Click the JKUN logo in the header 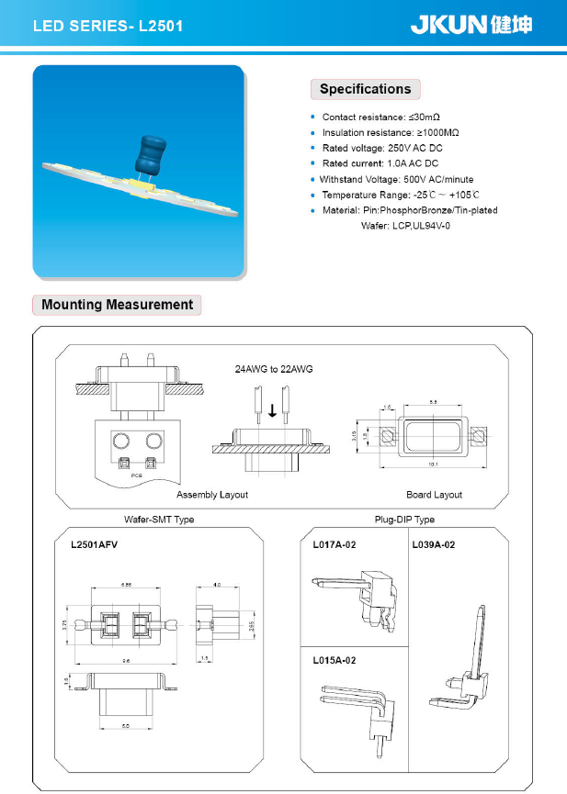(x=470, y=25)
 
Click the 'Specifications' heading (x=365, y=89)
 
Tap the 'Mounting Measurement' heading (x=117, y=305)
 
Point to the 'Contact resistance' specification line (x=380, y=117)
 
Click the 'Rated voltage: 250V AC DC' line (x=382, y=148)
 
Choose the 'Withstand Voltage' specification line (x=396, y=179)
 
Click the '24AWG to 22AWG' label (x=274, y=369)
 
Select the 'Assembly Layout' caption (x=212, y=495)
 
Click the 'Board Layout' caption (x=434, y=495)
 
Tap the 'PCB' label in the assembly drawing (x=135, y=475)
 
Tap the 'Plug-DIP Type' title (x=404, y=520)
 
